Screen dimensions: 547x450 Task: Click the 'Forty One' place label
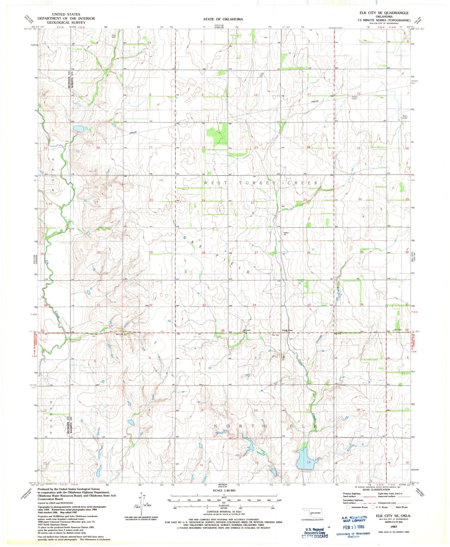tap(287, 330)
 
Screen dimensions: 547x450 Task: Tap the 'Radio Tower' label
tap(354, 98)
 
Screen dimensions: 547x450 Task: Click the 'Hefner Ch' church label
tap(286, 234)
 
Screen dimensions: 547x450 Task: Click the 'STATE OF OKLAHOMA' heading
tap(223, 19)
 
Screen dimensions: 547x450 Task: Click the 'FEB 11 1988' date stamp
tap(354, 526)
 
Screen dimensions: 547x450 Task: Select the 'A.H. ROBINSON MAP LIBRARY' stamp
tap(354, 518)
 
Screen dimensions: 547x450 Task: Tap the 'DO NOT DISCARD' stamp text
tap(314, 536)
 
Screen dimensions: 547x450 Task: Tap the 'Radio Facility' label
tap(405, 117)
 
